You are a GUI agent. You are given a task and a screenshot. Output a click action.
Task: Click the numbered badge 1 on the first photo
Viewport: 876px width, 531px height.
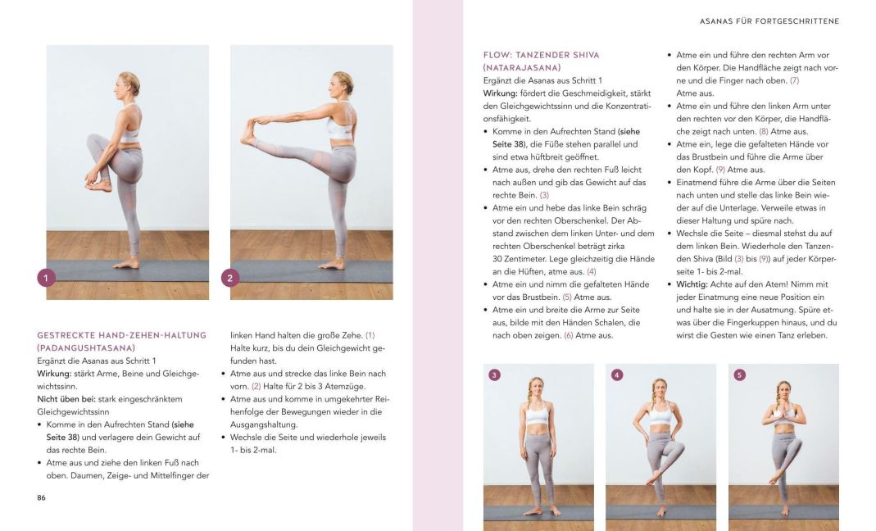[x=47, y=279]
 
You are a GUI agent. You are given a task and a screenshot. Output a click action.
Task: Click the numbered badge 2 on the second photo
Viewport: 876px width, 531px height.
[x=230, y=279]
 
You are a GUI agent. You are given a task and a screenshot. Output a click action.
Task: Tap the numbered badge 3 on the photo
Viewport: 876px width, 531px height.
[x=494, y=375]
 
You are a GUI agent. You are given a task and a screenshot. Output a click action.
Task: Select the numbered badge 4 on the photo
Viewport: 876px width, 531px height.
[x=617, y=375]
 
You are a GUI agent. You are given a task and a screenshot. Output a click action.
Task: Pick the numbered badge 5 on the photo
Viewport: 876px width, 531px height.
[x=739, y=375]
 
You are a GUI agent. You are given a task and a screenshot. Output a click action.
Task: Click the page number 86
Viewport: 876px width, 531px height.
[x=42, y=497]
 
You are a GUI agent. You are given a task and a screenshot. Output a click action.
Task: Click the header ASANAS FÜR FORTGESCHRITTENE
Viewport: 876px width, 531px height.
[x=769, y=21]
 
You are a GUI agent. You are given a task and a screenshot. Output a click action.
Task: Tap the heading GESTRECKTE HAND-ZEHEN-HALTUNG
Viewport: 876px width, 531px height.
[x=121, y=335]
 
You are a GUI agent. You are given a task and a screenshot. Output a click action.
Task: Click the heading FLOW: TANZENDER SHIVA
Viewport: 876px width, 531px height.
[x=541, y=55]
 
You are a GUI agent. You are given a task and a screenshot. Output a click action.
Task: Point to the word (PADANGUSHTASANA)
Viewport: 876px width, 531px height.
[x=85, y=347]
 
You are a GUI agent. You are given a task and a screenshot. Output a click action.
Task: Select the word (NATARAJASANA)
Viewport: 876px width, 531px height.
[x=522, y=67]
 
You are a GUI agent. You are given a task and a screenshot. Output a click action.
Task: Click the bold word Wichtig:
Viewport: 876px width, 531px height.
[x=692, y=284]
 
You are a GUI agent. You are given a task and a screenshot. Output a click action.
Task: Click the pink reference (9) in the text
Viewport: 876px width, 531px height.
[x=720, y=170]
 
